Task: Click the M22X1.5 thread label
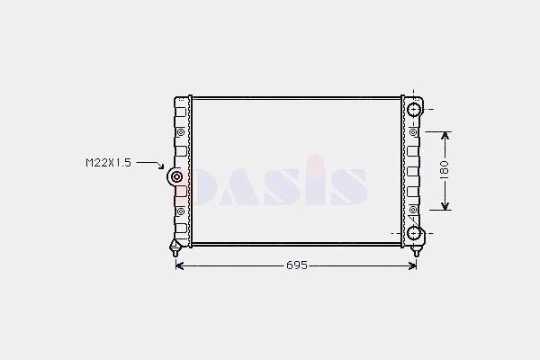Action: pos(109,163)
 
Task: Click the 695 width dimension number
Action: pos(297,265)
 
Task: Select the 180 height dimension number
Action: pos(445,170)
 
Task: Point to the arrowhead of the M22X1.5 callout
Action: pos(161,166)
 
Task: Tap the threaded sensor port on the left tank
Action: pos(176,177)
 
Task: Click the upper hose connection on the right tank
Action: pos(414,110)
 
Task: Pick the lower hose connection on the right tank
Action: pos(414,234)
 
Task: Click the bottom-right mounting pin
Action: pos(416,251)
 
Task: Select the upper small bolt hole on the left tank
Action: pos(181,132)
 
